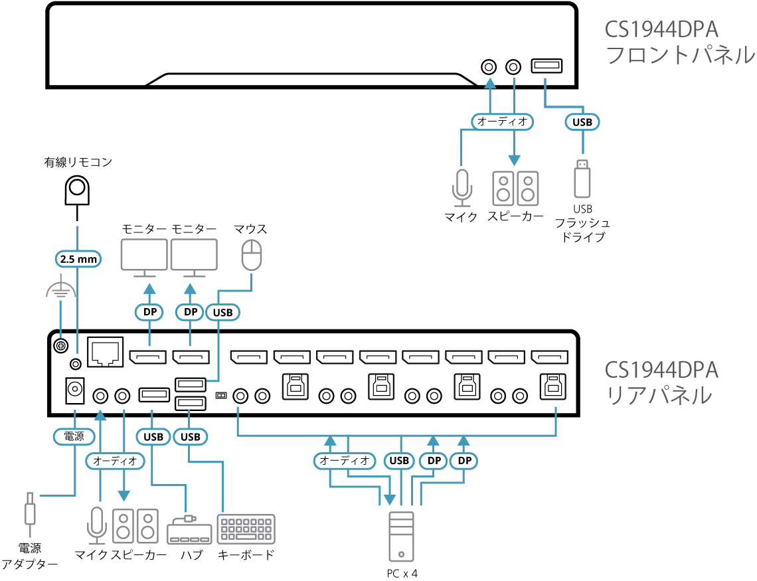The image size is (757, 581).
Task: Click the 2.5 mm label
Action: [x=78, y=259]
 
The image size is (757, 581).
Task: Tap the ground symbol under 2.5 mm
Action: [x=60, y=291]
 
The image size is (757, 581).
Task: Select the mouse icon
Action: [x=252, y=255]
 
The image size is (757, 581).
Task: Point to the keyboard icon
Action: [x=246, y=529]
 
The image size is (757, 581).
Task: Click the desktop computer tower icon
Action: [x=401, y=537]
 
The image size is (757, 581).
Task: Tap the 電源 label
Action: [x=74, y=436]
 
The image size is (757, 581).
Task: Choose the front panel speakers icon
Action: [x=515, y=189]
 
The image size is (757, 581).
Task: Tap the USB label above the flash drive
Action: [x=582, y=122]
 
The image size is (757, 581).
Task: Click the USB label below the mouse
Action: [x=222, y=311]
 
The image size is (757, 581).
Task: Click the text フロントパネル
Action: [x=680, y=55]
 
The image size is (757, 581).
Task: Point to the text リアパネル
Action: [x=659, y=396]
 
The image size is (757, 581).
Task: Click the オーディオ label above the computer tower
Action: [x=344, y=460]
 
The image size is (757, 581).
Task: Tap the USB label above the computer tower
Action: [x=400, y=460]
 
